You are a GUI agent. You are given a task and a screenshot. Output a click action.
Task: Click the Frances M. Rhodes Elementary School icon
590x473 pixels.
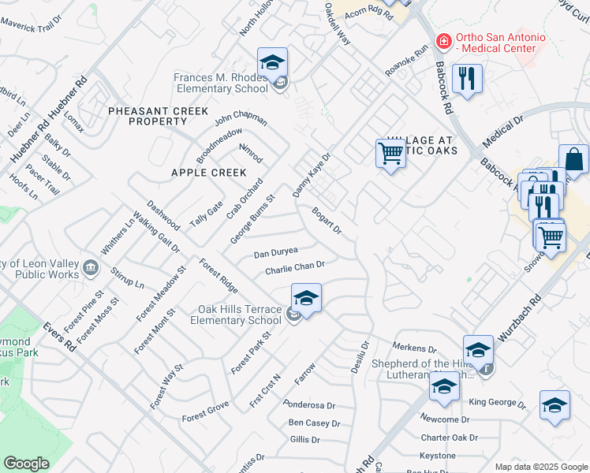[272, 62]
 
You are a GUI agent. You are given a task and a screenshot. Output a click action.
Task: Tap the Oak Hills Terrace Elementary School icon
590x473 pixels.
[306, 299]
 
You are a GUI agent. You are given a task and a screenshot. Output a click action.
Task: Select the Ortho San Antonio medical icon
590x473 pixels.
[444, 40]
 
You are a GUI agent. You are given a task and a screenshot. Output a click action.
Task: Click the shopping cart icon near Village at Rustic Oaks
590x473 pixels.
[391, 152]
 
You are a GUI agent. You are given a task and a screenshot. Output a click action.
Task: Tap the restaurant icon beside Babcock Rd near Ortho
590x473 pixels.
[468, 79]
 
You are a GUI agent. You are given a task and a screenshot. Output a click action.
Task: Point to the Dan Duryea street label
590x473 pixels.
[275, 253]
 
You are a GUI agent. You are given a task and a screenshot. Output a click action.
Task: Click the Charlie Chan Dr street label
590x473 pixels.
[295, 268]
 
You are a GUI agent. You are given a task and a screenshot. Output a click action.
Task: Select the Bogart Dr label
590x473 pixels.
[326, 221]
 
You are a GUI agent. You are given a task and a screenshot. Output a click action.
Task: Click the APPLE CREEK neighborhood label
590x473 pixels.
[209, 172]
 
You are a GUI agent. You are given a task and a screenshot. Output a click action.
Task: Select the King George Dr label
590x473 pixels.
[497, 402]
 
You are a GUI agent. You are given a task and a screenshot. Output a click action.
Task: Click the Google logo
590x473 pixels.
[26, 464]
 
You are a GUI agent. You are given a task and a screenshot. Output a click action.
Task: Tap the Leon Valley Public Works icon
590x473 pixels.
[91, 268]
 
